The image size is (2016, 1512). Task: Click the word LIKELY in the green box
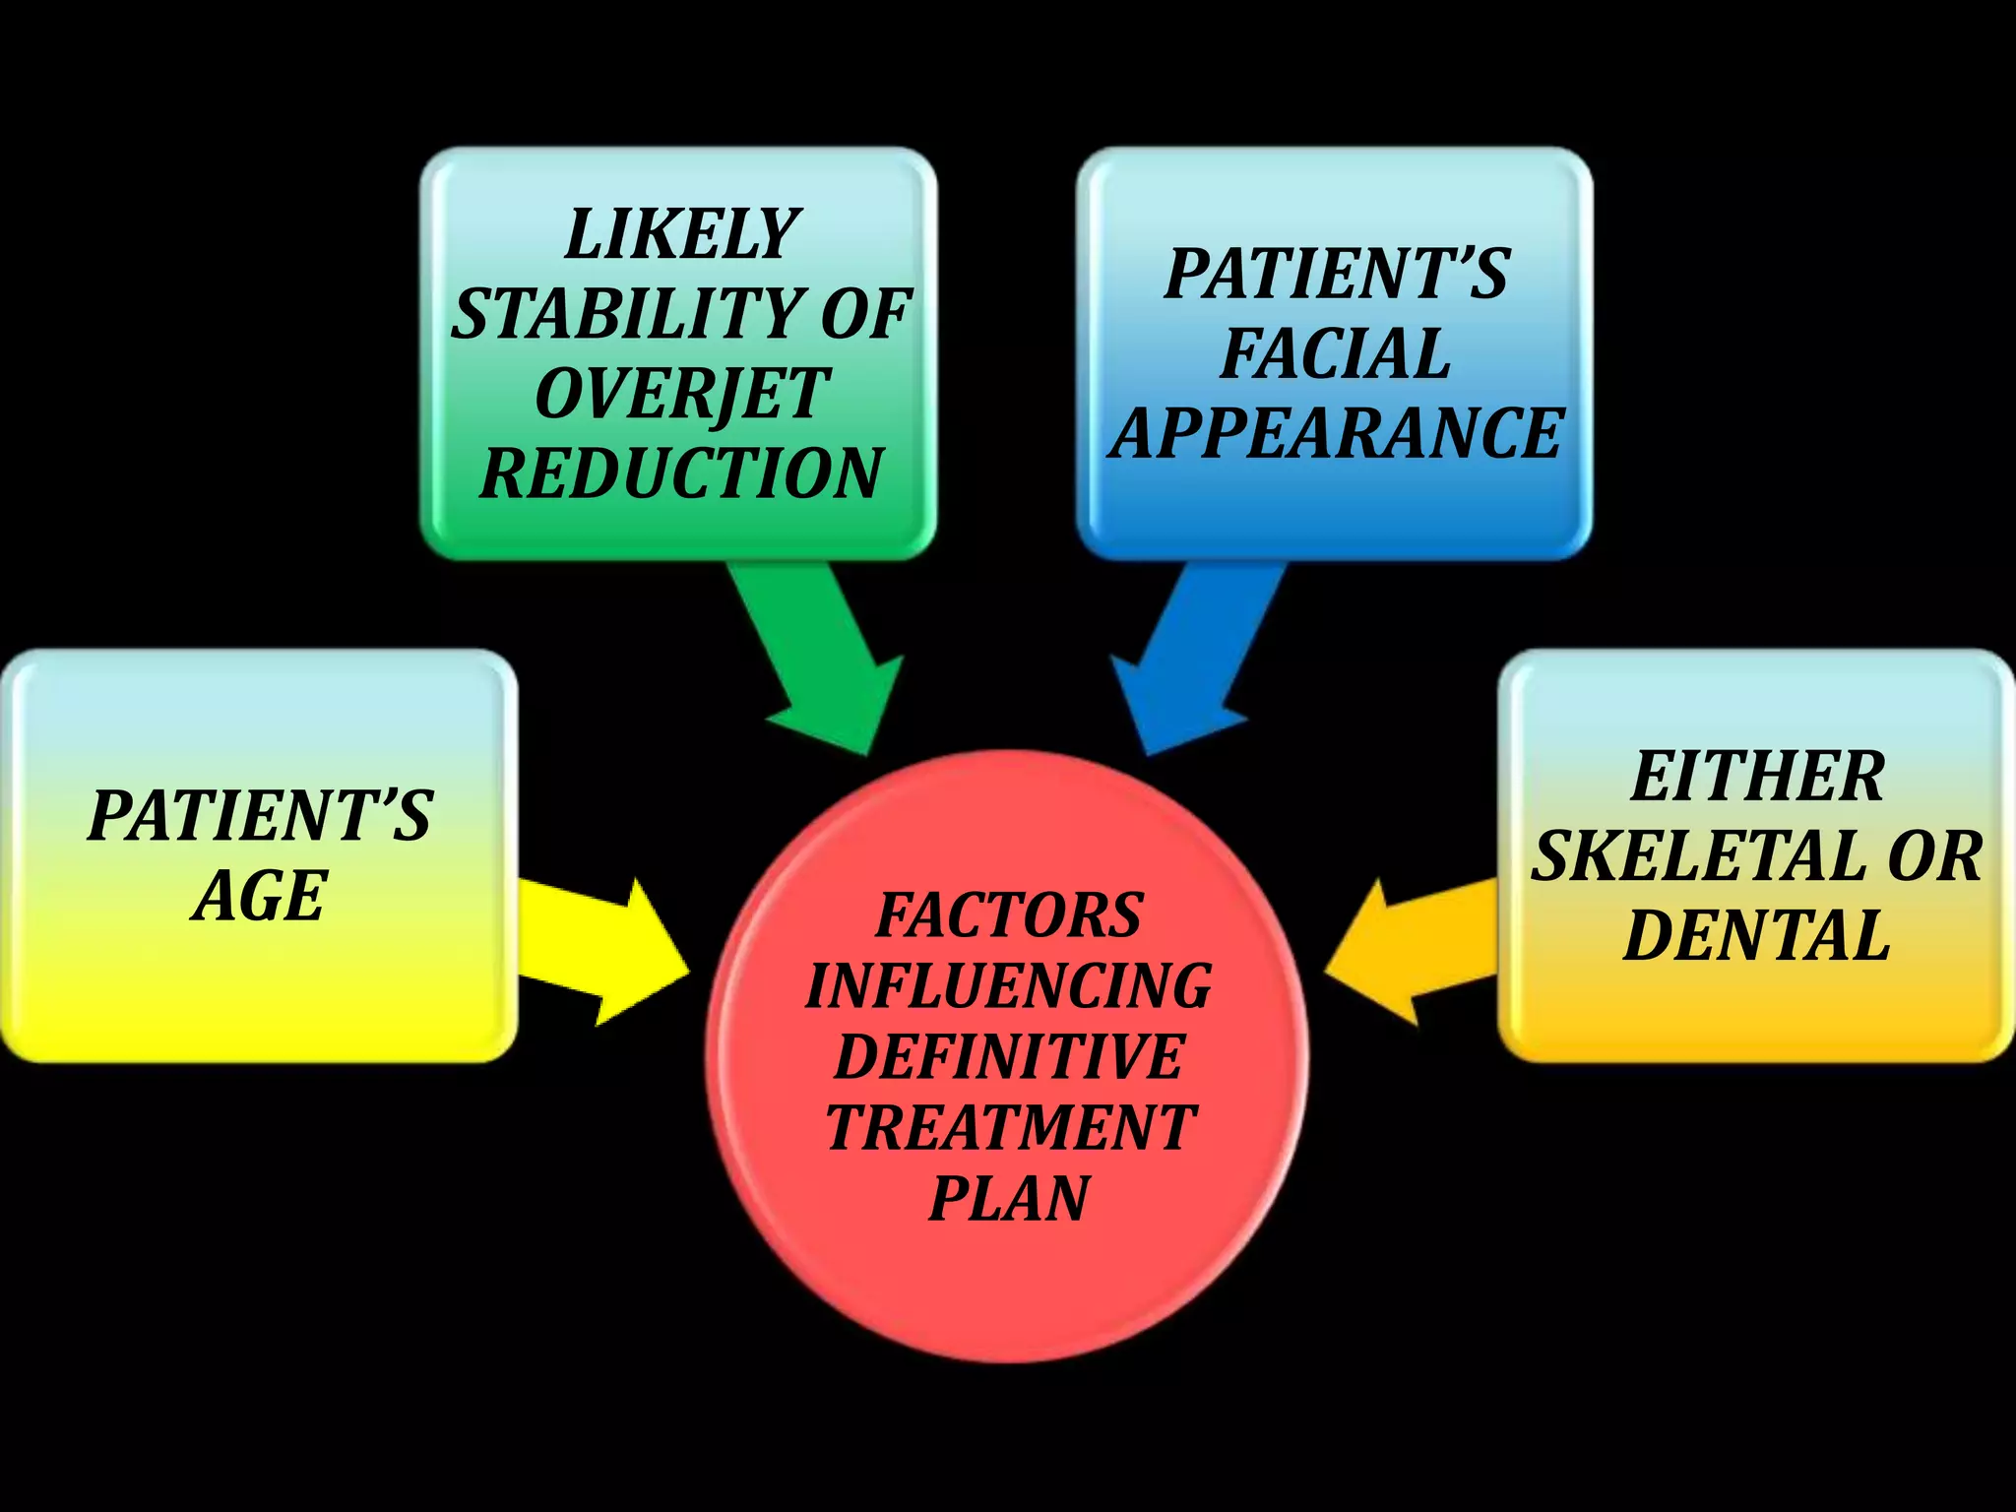pyautogui.click(x=681, y=234)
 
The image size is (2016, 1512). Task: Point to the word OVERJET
pyautogui.click(x=681, y=394)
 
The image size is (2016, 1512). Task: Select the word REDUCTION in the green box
pyautogui.click(x=681, y=473)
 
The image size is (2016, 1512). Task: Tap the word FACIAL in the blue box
pyautogui.click(x=1335, y=353)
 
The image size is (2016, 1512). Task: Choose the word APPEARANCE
pyautogui.click(x=1335, y=433)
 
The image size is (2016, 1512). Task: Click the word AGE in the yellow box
pyautogui.click(x=259, y=896)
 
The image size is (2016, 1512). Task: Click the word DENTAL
pyautogui.click(x=1757, y=934)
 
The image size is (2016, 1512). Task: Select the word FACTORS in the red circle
pyautogui.click(x=1009, y=915)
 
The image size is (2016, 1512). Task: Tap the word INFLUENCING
pyautogui.click(x=1009, y=986)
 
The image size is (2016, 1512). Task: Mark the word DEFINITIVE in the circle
pyautogui.click(x=1009, y=1057)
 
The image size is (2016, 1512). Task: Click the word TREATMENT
pyautogui.click(x=1009, y=1128)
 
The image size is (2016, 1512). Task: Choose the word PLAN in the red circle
pyautogui.click(x=1009, y=1199)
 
